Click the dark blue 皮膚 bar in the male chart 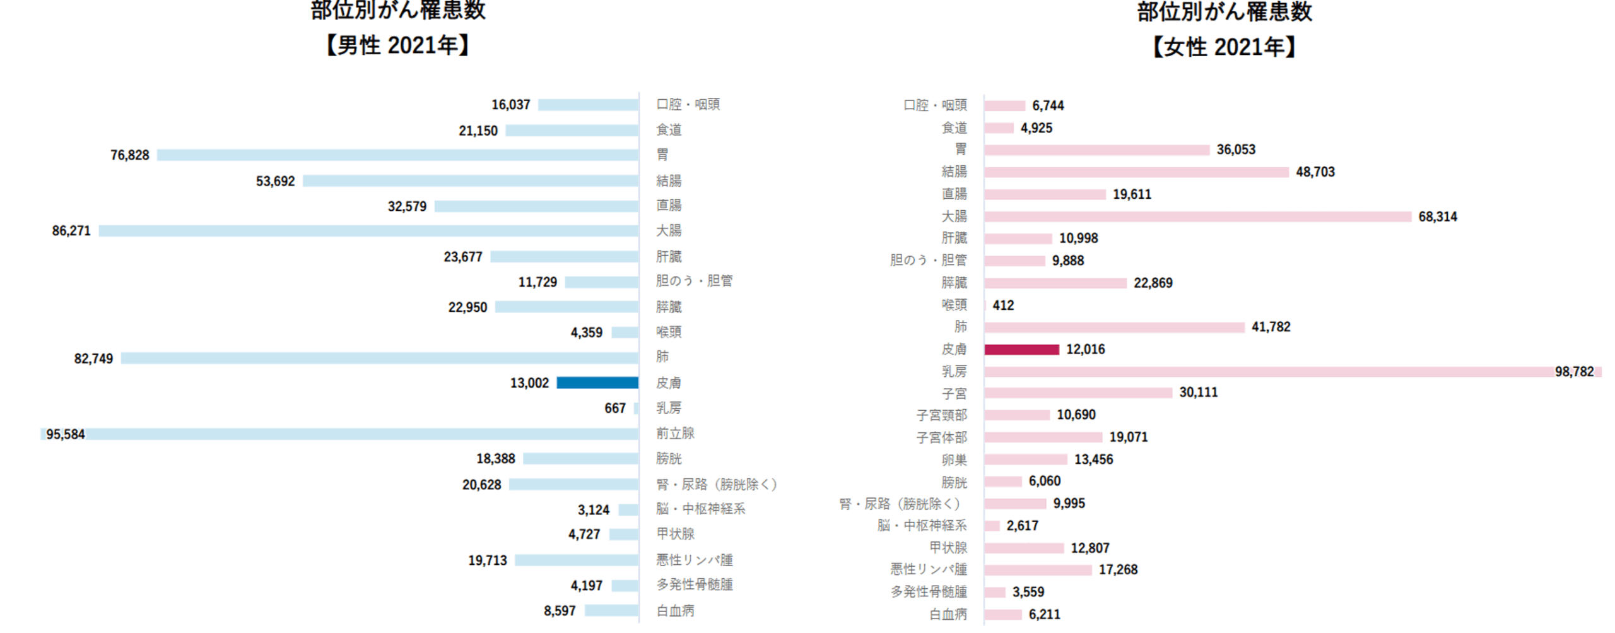click(597, 382)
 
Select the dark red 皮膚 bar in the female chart click(1021, 349)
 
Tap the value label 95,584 click(65, 434)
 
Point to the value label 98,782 click(1574, 371)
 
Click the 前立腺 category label click(675, 433)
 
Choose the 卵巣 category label click(954, 459)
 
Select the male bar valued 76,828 click(397, 155)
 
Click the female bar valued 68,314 click(1197, 216)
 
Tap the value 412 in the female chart click(1003, 305)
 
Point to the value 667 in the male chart click(614, 408)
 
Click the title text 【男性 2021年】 click(397, 45)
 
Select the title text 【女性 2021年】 click(1224, 47)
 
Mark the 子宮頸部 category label click(941, 415)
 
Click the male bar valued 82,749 click(379, 358)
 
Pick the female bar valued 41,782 click(1114, 327)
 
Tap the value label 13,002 click(529, 382)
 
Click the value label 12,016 click(1085, 349)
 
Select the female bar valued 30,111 click(1078, 393)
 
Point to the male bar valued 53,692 click(470, 180)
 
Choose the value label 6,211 click(1044, 614)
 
